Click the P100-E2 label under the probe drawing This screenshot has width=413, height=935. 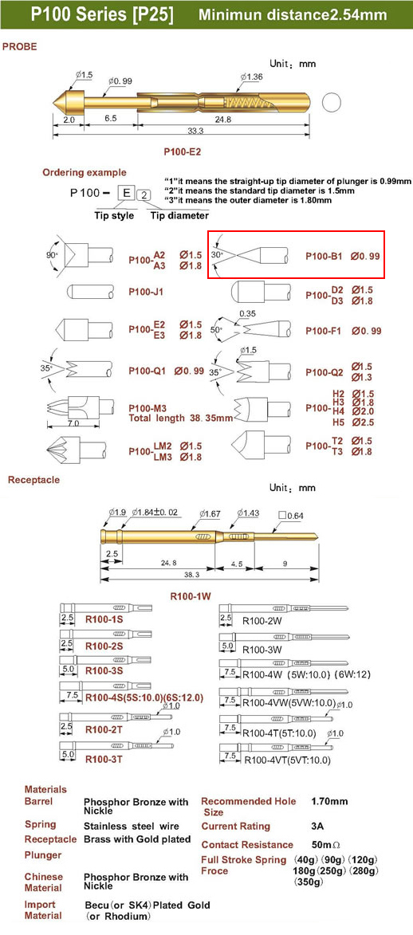182,152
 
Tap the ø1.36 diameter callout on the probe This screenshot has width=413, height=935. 251,77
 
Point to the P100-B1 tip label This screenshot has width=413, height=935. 324,256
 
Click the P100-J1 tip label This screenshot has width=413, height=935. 146,293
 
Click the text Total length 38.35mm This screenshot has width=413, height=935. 180,418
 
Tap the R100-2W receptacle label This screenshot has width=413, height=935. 261,620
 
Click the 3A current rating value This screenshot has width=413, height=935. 318,827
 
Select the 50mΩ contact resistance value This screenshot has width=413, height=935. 326,844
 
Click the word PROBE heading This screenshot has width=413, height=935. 20,46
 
